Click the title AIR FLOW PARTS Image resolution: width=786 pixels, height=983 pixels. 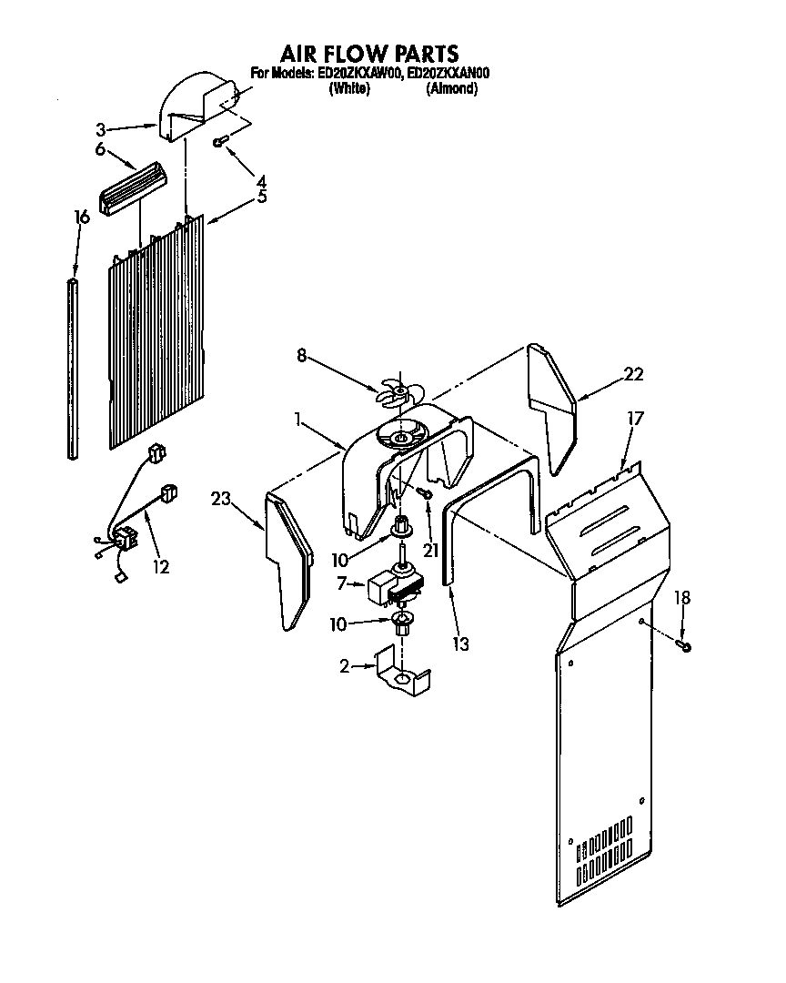pyautogui.click(x=369, y=54)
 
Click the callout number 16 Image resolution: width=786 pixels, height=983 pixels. pyautogui.click(x=82, y=217)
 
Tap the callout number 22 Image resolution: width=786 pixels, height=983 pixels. pyautogui.click(x=633, y=373)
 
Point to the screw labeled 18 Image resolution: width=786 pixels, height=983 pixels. pyautogui.click(x=684, y=645)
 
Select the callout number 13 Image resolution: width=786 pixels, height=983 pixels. pyautogui.click(x=461, y=644)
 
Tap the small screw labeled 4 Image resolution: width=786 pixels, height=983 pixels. pyautogui.click(x=220, y=141)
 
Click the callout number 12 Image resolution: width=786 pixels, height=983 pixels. pyautogui.click(x=160, y=567)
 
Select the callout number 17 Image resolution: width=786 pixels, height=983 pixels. pyautogui.click(x=635, y=419)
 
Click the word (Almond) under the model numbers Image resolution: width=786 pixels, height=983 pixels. pyautogui.click(x=452, y=89)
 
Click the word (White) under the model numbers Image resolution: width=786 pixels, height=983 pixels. pyautogui.click(x=348, y=89)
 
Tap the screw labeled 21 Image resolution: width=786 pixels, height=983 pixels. pyautogui.click(x=426, y=491)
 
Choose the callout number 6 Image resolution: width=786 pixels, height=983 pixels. pyautogui.click(x=100, y=149)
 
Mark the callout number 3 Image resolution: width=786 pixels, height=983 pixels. pyautogui.click(x=101, y=128)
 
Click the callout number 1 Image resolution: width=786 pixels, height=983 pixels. pyautogui.click(x=298, y=420)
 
